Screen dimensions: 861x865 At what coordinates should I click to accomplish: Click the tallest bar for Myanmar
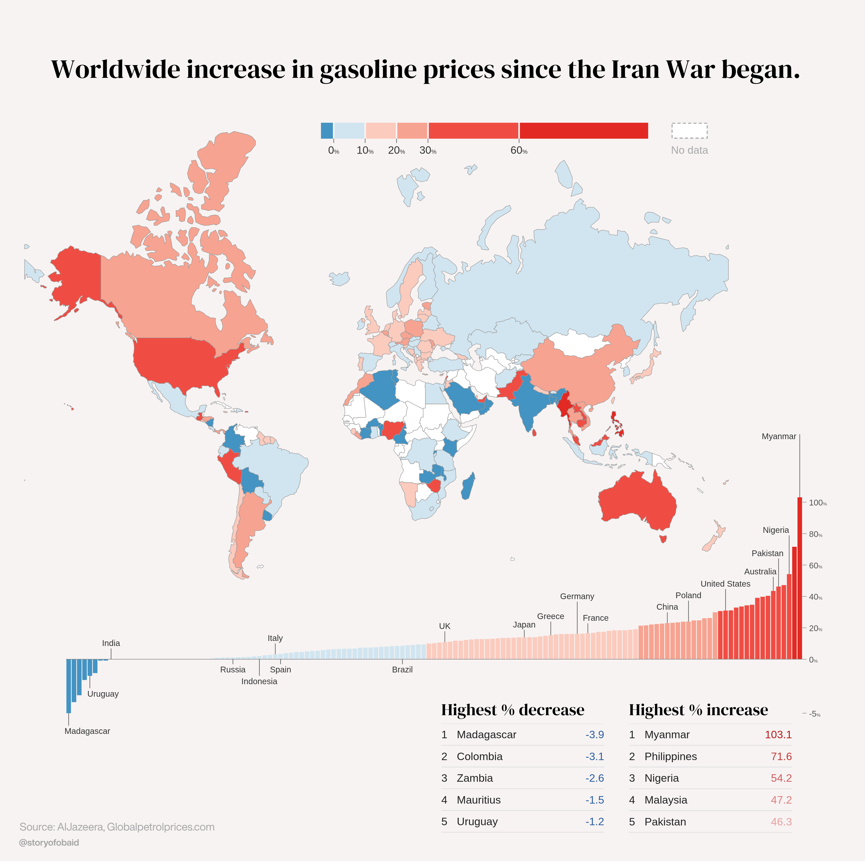pos(800,578)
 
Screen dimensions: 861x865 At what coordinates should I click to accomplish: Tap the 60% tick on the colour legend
pos(519,150)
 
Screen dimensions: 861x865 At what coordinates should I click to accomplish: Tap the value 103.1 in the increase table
pos(778,735)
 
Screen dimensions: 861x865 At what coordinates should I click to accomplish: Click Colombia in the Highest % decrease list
pos(480,757)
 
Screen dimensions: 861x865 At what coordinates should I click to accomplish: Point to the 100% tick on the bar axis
pos(817,503)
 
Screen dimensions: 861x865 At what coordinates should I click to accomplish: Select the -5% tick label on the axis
pos(814,714)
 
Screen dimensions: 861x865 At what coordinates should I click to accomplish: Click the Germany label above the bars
pos(577,597)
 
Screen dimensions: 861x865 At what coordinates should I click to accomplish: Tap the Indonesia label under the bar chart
pos(259,682)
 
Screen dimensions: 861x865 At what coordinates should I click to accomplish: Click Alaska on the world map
pos(76,278)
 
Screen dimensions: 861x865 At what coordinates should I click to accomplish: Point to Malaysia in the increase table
pos(666,800)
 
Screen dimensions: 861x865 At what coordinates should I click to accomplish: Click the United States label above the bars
pos(725,584)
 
